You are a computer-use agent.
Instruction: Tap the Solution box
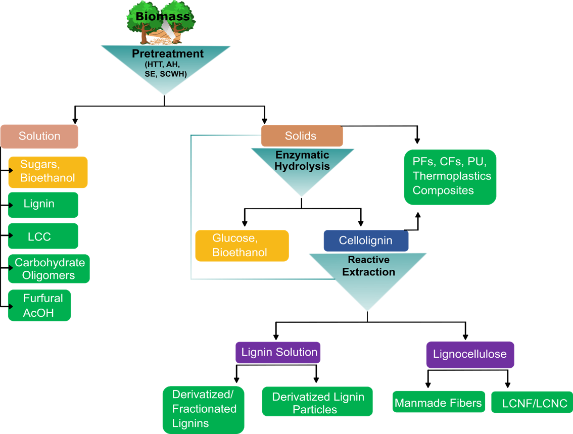[x=39, y=136]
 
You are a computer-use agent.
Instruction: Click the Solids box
[x=302, y=136]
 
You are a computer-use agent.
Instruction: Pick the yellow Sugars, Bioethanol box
[x=48, y=172]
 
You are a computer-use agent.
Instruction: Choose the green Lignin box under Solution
[x=43, y=205]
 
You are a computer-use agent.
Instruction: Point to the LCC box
[x=43, y=236]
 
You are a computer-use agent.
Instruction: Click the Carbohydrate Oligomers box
[x=49, y=268]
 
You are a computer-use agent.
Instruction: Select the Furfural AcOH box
[x=39, y=305]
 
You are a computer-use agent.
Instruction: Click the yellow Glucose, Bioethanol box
[x=242, y=246]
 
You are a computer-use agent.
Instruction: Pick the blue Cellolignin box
[x=366, y=241]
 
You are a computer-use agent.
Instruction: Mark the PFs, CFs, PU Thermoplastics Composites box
[x=450, y=177]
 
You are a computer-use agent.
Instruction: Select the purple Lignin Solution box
[x=278, y=352]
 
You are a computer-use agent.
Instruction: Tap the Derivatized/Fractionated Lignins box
[x=204, y=410]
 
